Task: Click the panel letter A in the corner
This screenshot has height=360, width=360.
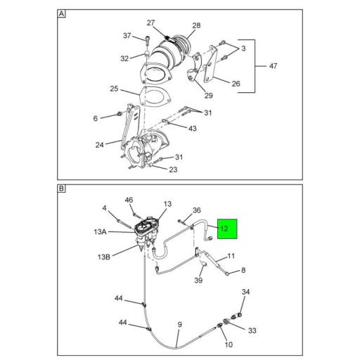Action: (x=61, y=14)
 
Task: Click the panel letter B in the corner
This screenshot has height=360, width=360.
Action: (x=61, y=189)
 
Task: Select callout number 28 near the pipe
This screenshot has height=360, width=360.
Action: (x=195, y=26)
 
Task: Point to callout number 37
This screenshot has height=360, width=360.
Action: (x=127, y=36)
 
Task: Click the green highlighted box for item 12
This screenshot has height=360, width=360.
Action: (x=228, y=229)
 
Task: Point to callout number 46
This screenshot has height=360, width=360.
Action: (x=129, y=200)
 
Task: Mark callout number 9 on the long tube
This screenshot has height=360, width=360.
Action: (x=180, y=325)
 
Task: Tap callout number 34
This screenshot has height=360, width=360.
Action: (x=246, y=292)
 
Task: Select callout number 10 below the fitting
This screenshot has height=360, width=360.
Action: (x=229, y=345)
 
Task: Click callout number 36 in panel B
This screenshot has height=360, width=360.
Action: (x=197, y=210)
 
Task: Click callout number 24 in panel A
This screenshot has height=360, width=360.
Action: (x=101, y=145)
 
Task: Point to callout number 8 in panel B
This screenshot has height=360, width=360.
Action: (x=243, y=270)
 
